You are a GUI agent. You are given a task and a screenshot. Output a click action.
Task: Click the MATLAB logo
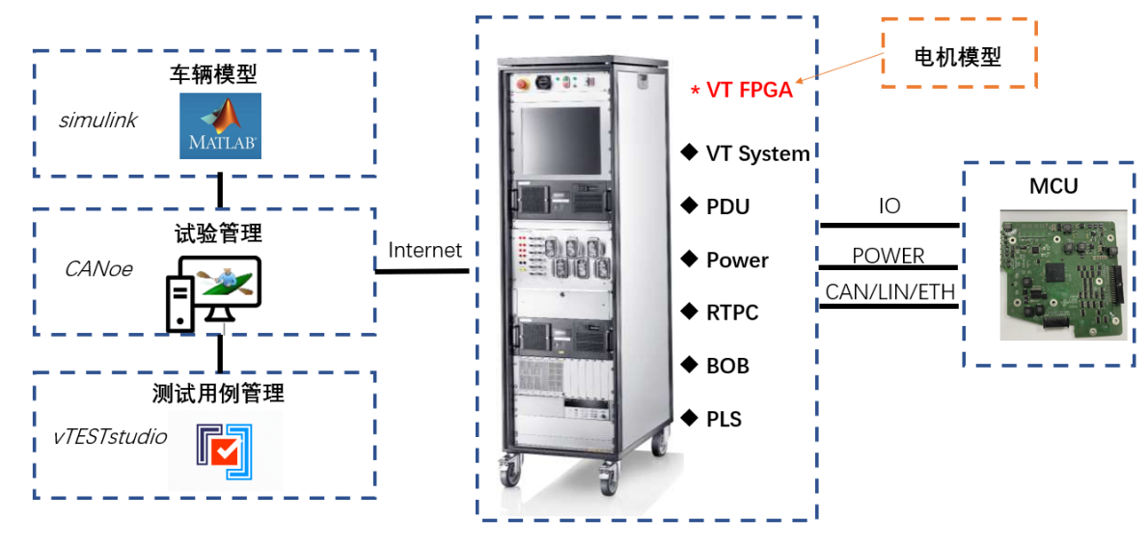[x=220, y=125]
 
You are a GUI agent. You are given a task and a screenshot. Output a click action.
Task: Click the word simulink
[x=97, y=121]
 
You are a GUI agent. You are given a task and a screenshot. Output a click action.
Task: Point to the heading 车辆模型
[x=213, y=74]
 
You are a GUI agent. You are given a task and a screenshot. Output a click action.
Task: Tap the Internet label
[x=424, y=250]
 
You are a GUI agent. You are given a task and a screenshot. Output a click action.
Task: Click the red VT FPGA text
[x=750, y=91]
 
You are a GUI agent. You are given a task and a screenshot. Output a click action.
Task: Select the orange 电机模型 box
[x=957, y=57]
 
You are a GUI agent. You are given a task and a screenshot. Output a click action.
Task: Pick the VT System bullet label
[x=757, y=153]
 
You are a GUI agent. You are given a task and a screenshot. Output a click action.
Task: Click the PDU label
[x=727, y=206]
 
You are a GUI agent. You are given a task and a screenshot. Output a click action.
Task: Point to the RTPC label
[x=732, y=313]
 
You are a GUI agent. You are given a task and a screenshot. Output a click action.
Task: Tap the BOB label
[x=727, y=366]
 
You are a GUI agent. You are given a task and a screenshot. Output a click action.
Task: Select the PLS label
[x=724, y=419]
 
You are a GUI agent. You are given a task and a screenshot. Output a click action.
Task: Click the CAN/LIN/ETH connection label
[x=888, y=291]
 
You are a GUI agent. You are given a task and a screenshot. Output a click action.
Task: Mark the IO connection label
[x=888, y=205]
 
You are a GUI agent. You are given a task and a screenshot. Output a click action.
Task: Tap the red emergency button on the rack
[x=525, y=83]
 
